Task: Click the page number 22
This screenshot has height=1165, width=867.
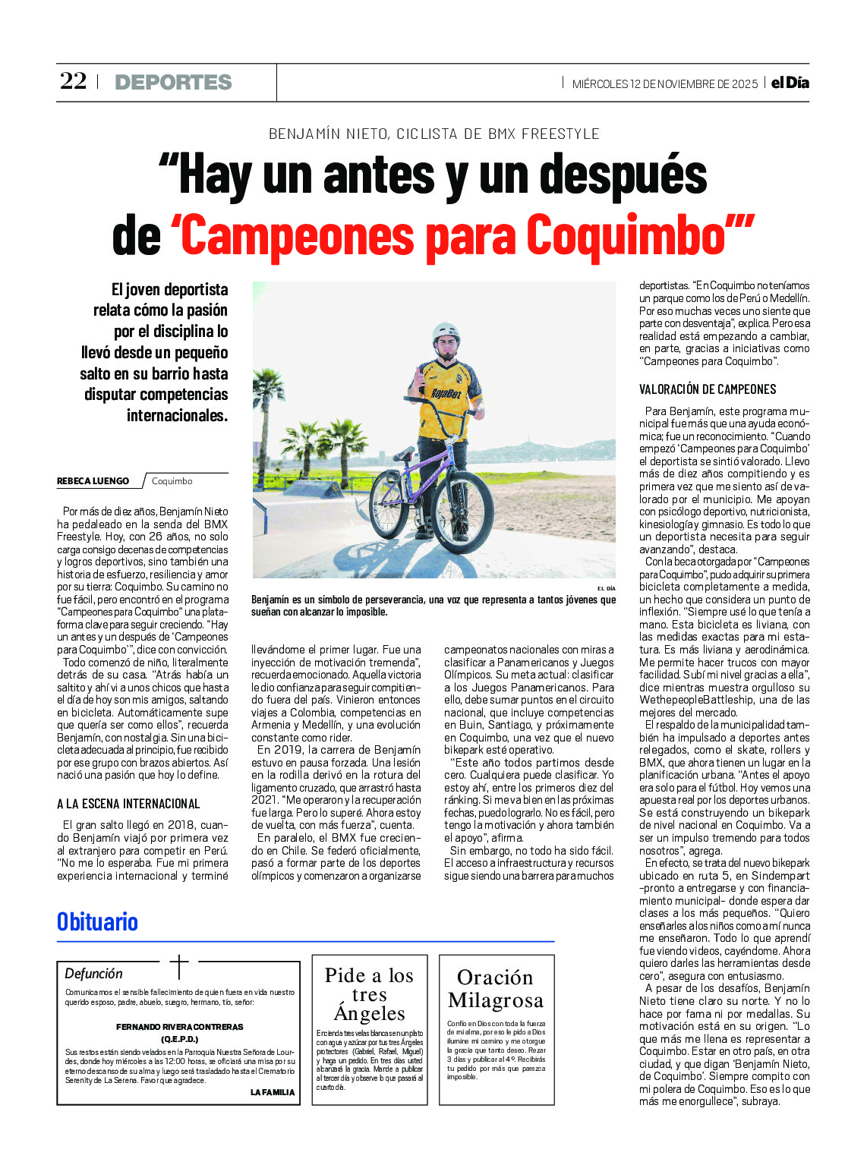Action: (x=73, y=81)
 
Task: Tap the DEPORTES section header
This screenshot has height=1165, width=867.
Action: (x=173, y=82)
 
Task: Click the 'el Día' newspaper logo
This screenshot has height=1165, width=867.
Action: (x=790, y=83)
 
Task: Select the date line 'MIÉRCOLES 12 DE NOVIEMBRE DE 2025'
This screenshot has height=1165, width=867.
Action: (x=664, y=83)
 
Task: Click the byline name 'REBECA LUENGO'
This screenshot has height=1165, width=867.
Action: (x=93, y=481)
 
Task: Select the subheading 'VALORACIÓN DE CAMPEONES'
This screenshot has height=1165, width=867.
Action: (x=708, y=389)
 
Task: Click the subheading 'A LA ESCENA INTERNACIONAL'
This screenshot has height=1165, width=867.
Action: (x=128, y=804)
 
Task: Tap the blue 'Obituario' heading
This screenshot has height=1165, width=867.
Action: (x=97, y=921)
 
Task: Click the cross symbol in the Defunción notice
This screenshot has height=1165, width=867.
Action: (x=179, y=966)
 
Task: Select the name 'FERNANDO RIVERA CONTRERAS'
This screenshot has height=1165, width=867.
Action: (x=180, y=1027)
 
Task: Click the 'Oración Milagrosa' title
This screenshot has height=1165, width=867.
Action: (x=496, y=989)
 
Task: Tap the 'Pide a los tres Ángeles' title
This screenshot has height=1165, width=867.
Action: (x=369, y=994)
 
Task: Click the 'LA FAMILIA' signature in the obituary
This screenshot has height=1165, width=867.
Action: (x=272, y=1092)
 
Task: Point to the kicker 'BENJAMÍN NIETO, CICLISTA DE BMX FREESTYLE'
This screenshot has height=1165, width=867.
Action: (x=433, y=134)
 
